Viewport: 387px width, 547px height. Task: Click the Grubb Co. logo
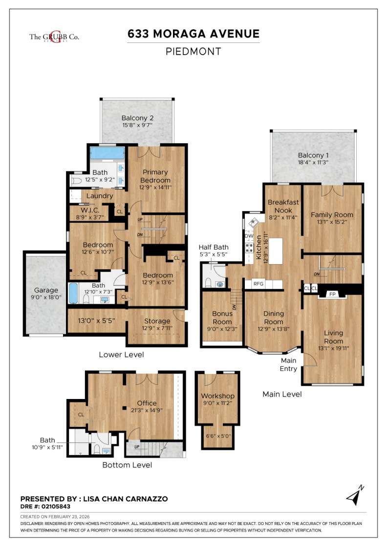pyautogui.click(x=54, y=37)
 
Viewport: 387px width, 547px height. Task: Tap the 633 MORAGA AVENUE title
pyautogui.click(x=193, y=34)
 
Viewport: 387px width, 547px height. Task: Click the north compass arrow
pyautogui.click(x=356, y=495)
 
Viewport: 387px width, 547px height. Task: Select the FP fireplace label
pyautogui.click(x=332, y=294)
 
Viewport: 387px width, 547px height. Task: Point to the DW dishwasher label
pyautogui.click(x=249, y=236)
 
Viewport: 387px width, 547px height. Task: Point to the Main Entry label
pyautogui.click(x=288, y=364)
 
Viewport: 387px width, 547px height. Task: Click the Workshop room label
pyautogui.click(x=218, y=396)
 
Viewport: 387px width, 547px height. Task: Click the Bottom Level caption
pyautogui.click(x=127, y=465)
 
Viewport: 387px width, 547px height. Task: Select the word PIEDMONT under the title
pyautogui.click(x=193, y=51)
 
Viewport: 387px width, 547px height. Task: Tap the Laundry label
pyautogui.click(x=100, y=196)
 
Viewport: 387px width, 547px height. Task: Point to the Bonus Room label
pyautogui.click(x=222, y=318)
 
